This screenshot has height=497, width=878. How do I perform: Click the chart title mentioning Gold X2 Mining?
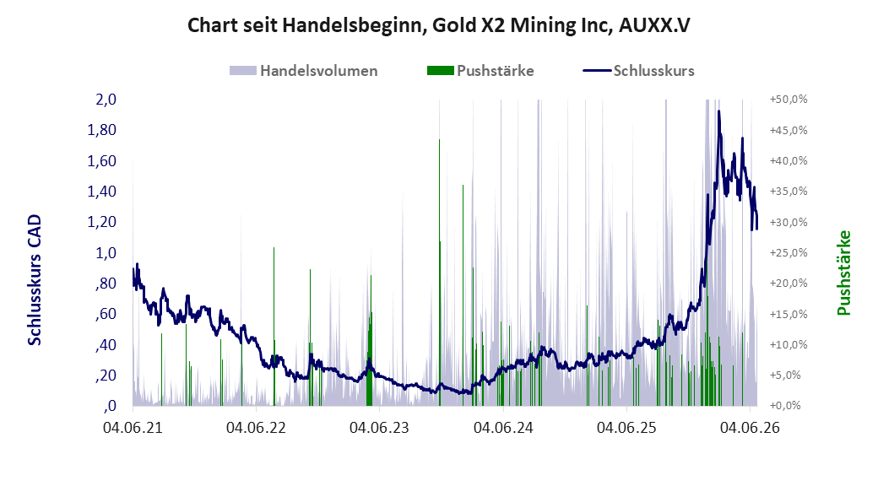tap(438, 25)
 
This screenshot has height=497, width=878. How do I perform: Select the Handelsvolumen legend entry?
tap(303, 71)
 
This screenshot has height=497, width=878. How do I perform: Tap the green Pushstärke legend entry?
tap(480, 71)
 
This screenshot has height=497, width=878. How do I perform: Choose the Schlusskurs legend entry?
tap(639, 71)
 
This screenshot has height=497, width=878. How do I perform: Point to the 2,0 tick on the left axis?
tap(106, 100)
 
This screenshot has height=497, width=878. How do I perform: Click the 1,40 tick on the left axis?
tap(102, 192)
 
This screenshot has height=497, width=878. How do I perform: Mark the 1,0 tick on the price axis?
tap(106, 253)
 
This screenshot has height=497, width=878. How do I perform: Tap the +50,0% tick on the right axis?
tap(789, 100)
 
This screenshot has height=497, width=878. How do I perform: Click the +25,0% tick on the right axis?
tap(789, 253)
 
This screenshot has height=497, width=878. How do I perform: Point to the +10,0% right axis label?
tap(789, 345)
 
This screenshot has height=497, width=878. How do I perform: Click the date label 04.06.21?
tap(133, 428)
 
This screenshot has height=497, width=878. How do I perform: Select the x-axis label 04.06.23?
tap(379, 428)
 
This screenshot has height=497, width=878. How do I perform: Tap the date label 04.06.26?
tap(750, 428)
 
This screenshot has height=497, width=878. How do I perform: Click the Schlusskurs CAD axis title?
tap(35, 280)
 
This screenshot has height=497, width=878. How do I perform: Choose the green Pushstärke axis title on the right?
tap(844, 273)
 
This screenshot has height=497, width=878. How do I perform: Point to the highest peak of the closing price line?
tap(718, 111)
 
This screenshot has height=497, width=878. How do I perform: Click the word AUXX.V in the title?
tap(654, 25)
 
